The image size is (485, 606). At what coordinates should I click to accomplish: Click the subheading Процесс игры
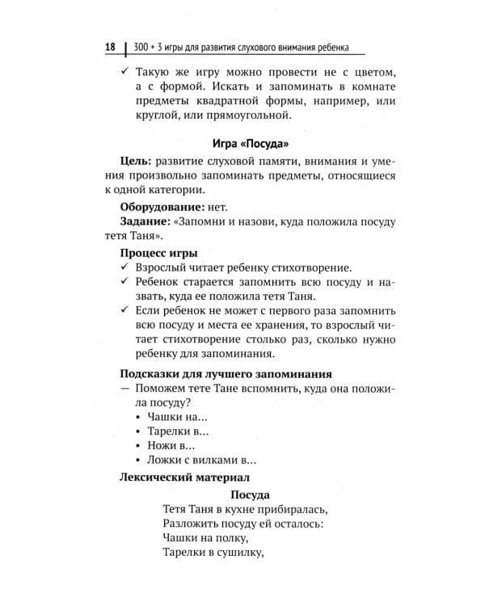click(158, 252)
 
